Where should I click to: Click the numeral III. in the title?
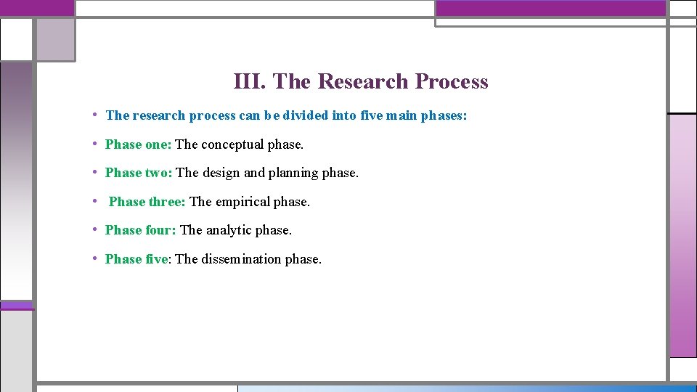tap(251, 81)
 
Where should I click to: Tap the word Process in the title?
tap(452, 81)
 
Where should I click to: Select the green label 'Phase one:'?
tap(138, 144)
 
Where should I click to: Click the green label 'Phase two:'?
tap(139, 173)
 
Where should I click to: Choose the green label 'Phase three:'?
tap(147, 202)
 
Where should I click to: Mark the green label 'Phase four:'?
tap(140, 230)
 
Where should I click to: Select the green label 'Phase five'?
tap(136, 259)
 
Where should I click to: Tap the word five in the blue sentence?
tap(371, 115)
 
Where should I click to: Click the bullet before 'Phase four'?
tap(96, 229)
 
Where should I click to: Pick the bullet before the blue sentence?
tap(96, 115)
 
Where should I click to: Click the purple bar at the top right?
tap(550, 8)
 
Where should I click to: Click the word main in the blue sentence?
tap(402, 115)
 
